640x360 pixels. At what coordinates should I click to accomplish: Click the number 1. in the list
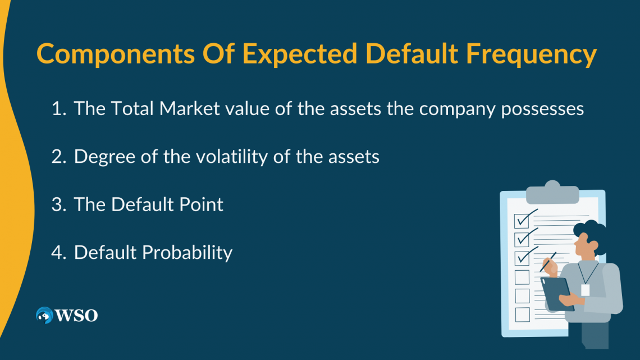(58, 109)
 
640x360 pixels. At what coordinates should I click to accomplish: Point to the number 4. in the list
(58, 253)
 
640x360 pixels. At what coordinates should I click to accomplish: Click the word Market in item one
(190, 109)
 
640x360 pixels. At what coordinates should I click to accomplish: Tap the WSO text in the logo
(76, 316)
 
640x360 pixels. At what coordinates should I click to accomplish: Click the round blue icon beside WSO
(44, 316)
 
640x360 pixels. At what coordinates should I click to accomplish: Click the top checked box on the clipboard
(522, 220)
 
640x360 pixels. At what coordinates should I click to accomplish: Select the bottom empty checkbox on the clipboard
(522, 313)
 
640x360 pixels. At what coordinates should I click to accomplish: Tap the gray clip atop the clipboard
(552, 193)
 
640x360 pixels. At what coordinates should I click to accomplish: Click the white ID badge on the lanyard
(585, 290)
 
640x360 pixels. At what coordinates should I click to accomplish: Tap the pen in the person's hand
(548, 262)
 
